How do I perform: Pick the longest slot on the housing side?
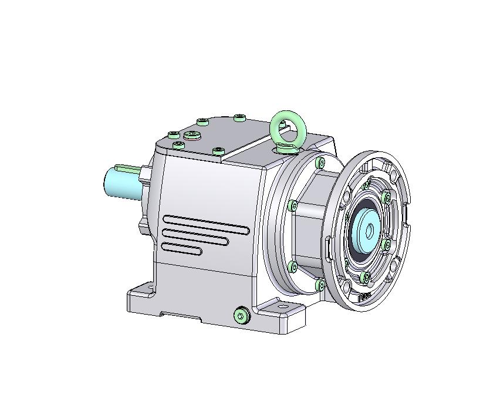pyautogui.click(x=205, y=224)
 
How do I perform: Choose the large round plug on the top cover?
pyautogui.click(x=192, y=136)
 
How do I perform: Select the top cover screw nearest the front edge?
pyautogui.click(x=218, y=151)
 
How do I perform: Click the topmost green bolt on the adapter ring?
pyautogui.click(x=320, y=162)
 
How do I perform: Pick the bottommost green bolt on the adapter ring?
pyautogui.click(x=320, y=285)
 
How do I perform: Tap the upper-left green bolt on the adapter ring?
pyautogui.click(x=293, y=205)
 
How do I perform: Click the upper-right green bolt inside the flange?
pyautogui.click(x=386, y=198)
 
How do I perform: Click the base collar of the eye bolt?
pyautogui.click(x=288, y=147)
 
